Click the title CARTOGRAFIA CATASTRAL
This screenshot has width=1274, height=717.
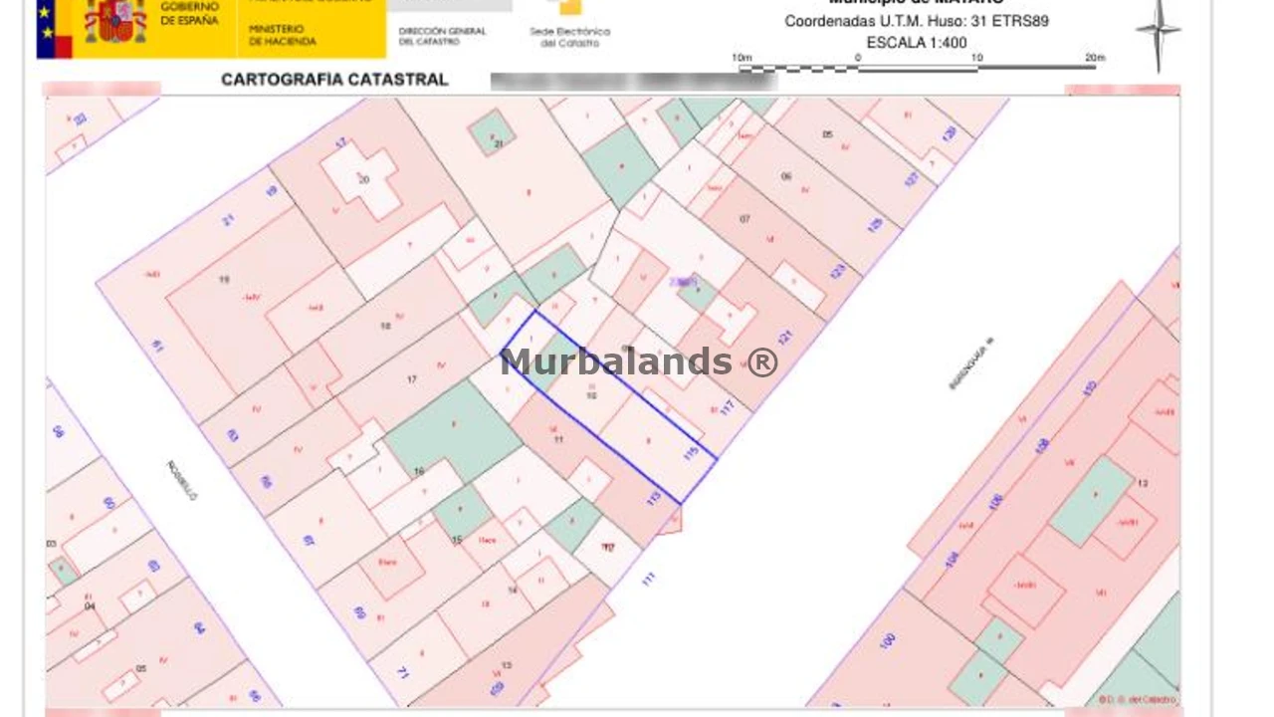coord(334,80)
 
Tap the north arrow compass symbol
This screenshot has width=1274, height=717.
coord(1158,32)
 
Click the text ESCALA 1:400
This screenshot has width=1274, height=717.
coord(916,43)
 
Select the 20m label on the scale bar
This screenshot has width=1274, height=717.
coord(1095,58)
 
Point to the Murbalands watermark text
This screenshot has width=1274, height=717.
coord(638,361)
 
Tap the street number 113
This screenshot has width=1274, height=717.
coord(654,497)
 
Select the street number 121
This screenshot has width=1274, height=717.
coord(783,338)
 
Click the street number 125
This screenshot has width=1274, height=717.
coord(875,224)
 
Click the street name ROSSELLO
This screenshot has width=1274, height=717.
coord(182,480)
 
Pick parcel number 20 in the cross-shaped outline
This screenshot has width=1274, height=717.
coord(364,180)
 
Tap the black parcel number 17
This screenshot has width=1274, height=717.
coord(412,379)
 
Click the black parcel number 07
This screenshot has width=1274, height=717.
coord(744,218)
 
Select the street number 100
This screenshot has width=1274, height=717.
coord(888,640)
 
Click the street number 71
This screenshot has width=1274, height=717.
coord(403,672)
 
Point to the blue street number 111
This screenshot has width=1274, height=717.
coord(649,579)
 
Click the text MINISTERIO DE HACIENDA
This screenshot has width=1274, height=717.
coord(283,36)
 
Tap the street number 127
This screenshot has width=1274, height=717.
coord(912,178)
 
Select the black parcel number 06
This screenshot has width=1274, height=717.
coord(786,176)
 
